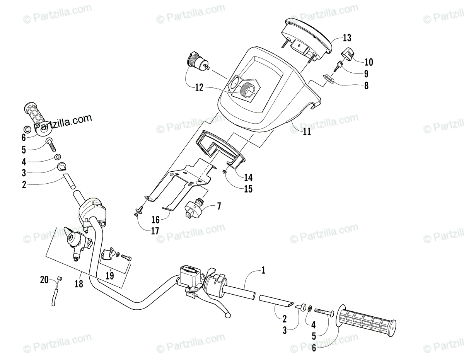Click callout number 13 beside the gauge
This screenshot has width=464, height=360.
point(347,38)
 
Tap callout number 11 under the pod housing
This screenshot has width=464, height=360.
point(307,132)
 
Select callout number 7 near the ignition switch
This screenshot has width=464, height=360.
point(219,206)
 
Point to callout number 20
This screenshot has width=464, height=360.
point(45,279)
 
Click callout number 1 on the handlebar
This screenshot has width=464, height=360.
point(264,270)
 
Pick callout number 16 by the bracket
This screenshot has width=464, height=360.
point(155,220)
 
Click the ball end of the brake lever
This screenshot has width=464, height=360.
point(228,315)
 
